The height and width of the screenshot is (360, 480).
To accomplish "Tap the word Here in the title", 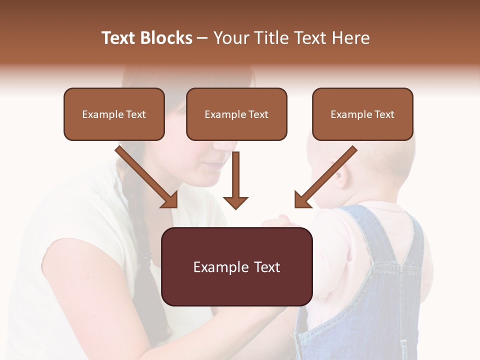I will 350,38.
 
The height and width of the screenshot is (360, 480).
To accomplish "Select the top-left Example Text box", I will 114,114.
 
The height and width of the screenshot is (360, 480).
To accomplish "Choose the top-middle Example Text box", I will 236,114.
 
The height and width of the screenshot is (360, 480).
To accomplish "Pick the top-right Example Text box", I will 362,114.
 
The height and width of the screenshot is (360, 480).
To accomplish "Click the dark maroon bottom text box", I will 237,266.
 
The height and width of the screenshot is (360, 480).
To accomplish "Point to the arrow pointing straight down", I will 235,180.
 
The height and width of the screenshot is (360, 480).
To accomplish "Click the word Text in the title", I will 119,38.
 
